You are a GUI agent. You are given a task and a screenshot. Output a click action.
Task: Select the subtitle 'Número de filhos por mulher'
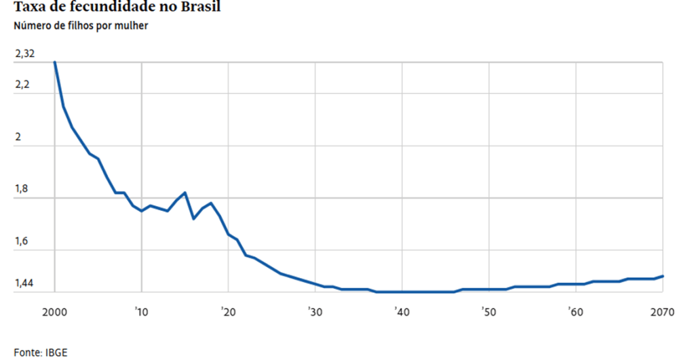(80, 26)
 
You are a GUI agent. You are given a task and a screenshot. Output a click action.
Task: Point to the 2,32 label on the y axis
(24, 54)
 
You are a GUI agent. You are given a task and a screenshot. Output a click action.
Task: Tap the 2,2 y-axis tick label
(23, 85)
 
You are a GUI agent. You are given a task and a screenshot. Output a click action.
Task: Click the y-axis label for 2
(18, 137)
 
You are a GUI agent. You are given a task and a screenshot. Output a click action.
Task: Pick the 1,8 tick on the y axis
(23, 189)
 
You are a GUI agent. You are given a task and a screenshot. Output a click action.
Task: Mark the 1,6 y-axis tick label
(23, 241)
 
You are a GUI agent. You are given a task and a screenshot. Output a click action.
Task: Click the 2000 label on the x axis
(54, 313)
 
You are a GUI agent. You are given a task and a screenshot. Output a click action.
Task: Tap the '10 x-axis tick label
(141, 313)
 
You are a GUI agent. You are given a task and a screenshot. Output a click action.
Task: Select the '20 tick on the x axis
(228, 313)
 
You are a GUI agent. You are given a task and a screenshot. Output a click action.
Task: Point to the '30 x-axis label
(315, 313)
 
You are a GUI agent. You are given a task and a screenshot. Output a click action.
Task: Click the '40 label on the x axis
(402, 313)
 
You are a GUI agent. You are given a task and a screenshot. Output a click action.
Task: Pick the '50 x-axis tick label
(488, 313)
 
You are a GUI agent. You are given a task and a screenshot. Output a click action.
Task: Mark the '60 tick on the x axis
(575, 313)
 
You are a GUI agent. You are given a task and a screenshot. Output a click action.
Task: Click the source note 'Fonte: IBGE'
(41, 353)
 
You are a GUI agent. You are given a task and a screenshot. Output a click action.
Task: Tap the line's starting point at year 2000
(54, 62)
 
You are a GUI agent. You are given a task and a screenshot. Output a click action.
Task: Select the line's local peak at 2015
(185, 193)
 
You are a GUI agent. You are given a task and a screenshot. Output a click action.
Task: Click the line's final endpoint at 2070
(662, 276)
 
